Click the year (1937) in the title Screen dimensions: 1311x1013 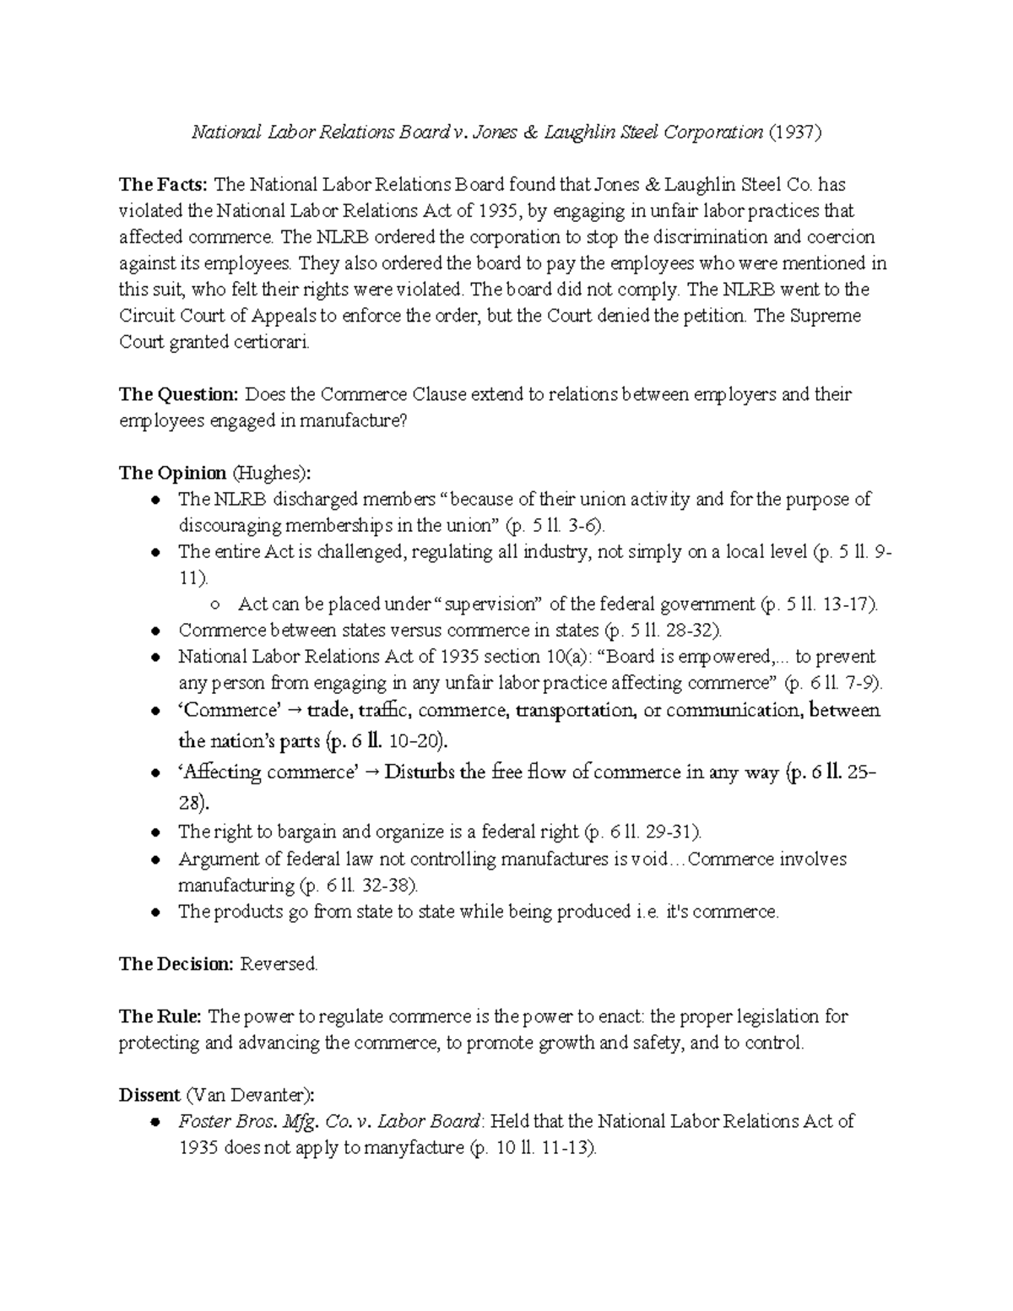click(794, 133)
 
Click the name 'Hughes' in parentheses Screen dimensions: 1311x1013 click(275, 473)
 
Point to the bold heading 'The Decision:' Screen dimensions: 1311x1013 click(176, 964)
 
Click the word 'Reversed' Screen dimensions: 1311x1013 click(279, 964)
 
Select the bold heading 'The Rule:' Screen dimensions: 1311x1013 click(160, 1016)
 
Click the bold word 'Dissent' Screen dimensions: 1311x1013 click(149, 1095)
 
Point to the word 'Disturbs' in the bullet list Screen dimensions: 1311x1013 click(420, 772)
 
